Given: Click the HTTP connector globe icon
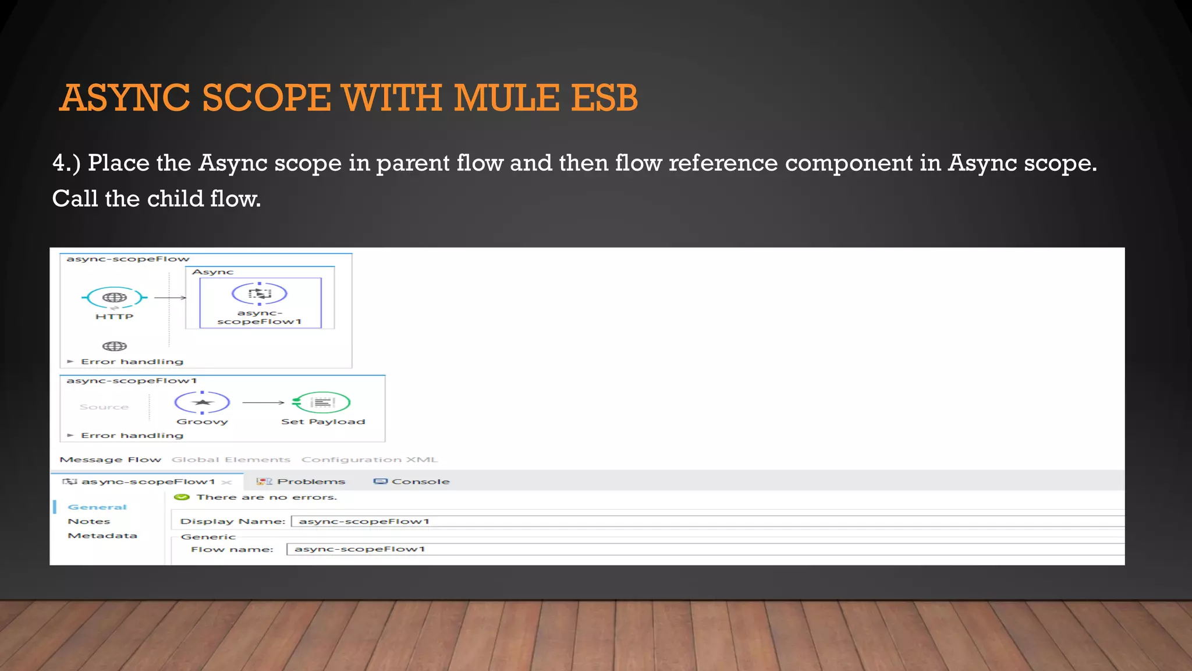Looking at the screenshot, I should click(115, 298).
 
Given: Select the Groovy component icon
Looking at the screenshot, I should click(202, 402).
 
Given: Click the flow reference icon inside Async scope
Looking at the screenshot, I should click(260, 294).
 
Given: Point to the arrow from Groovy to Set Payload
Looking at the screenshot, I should click(263, 402).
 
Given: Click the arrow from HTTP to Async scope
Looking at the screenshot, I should click(169, 298).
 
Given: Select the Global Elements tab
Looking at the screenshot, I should click(231, 460).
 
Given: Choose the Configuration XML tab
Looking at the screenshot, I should click(370, 460).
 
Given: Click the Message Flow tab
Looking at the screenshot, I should click(111, 460).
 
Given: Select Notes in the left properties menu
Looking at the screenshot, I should click(89, 521).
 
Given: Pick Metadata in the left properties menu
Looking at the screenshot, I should click(102, 536).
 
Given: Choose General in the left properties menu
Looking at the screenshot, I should click(97, 507).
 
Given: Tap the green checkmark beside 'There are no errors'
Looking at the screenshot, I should click(182, 497).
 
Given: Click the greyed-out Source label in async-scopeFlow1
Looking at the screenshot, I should click(104, 407).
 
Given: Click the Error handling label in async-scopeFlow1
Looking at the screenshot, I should click(132, 436).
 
